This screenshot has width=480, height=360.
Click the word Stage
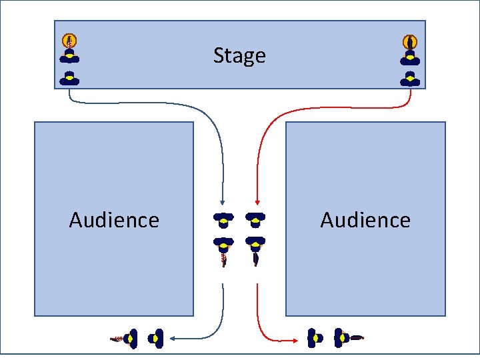(239, 55)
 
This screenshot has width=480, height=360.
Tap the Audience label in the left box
(114, 220)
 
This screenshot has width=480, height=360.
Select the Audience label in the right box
(365, 220)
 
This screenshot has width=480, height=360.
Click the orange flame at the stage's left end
(69, 40)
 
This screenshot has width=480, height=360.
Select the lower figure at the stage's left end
(69, 79)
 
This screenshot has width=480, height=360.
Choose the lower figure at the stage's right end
(410, 79)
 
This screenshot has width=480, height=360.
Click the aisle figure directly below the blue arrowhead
(223, 218)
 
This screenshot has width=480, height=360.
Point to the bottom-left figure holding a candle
(131, 339)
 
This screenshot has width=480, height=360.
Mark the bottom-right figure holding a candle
(341, 339)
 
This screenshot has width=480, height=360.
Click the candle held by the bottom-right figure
(357, 337)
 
